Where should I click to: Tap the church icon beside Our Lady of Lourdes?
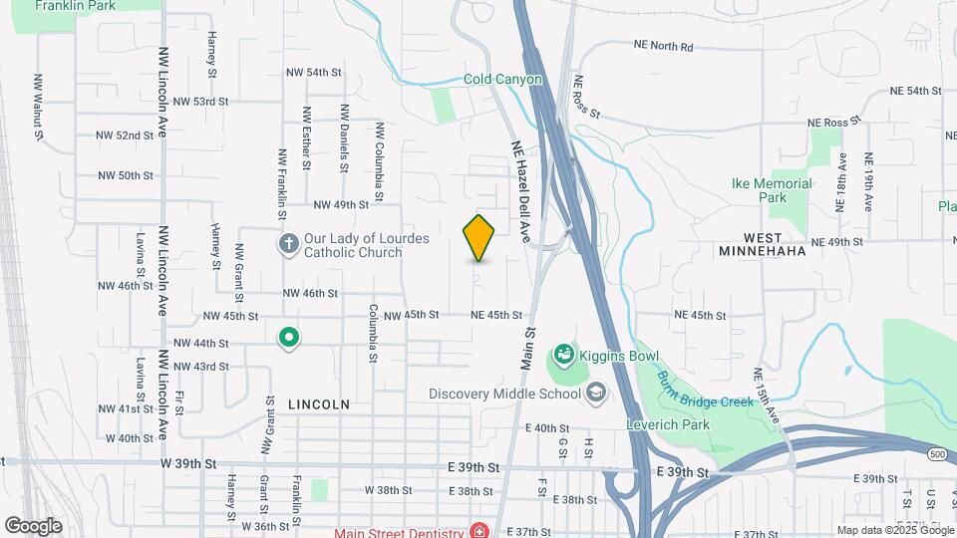click(288, 245)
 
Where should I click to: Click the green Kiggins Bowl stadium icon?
click(563, 354)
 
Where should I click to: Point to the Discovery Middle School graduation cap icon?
click(596, 393)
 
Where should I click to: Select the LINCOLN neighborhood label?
click(318, 404)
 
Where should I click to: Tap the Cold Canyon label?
click(502, 80)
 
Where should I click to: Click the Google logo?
click(33, 525)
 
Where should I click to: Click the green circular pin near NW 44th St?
click(289, 339)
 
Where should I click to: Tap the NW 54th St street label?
click(313, 73)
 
